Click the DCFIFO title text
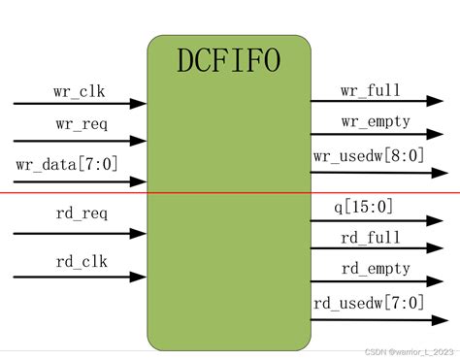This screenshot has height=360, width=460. point(229,61)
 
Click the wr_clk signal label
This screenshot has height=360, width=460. point(80,93)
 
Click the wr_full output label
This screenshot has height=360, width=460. point(370,91)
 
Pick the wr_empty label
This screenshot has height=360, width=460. point(376,121)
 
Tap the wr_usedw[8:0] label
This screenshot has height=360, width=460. point(369,155)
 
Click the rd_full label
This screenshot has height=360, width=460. point(370,237)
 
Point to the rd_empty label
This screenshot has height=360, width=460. point(376,268)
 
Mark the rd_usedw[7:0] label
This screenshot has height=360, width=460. point(369,303)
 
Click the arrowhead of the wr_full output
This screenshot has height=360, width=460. point(440,101)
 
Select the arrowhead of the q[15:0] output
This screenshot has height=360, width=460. point(440,220)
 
